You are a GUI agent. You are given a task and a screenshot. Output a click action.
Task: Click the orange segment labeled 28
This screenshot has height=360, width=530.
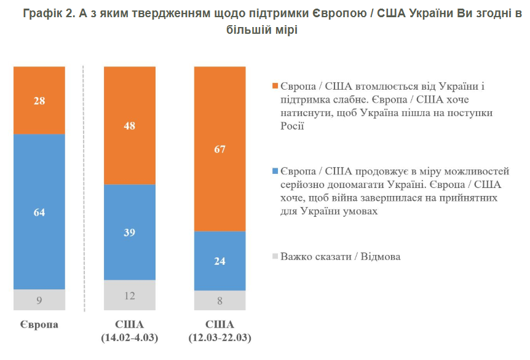[39, 100]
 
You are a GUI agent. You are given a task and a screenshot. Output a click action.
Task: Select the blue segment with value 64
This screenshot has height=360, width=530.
[39, 212]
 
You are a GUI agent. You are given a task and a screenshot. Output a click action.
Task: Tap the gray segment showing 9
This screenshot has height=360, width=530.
[39, 300]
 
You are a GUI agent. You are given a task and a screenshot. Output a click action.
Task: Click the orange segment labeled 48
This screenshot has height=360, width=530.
[129, 125]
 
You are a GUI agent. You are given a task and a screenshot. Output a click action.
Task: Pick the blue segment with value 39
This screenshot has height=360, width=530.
[129, 232]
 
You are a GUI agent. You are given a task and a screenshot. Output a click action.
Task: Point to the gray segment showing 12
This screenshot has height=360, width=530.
[129, 295]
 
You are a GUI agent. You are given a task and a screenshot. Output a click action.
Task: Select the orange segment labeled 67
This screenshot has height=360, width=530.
[220, 148]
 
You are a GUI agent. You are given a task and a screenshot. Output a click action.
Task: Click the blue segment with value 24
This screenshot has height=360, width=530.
[220, 260]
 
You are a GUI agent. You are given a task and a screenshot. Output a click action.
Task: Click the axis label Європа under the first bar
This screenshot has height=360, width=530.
[39, 324]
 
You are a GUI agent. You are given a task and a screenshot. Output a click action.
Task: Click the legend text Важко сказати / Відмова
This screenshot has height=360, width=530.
[341, 256]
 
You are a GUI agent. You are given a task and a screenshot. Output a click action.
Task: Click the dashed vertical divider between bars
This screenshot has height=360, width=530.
[83, 184]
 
